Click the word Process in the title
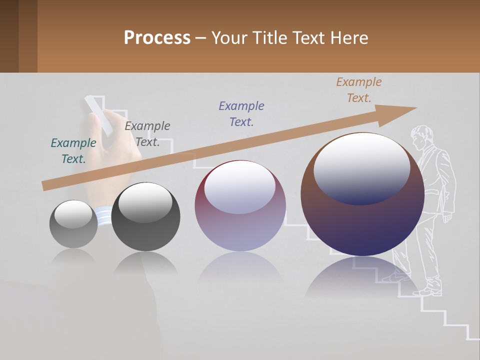[157, 37]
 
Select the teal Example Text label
[73, 151]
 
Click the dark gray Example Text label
[147, 134]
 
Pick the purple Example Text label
[241, 114]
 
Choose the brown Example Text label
[359, 90]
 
